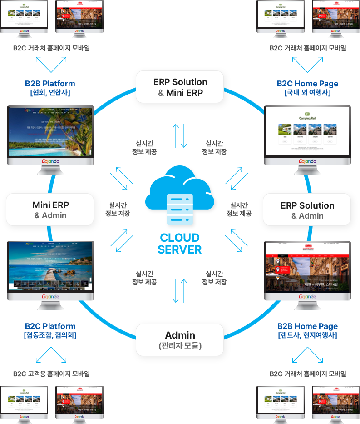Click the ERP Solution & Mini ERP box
(180, 87)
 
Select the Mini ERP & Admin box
(50, 210)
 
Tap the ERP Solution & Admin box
(307, 210)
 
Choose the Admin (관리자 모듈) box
(180, 340)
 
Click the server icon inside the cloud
(180, 209)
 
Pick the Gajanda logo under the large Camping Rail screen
(307, 161)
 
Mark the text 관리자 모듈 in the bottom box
(180, 346)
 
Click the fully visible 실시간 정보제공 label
(146, 148)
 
